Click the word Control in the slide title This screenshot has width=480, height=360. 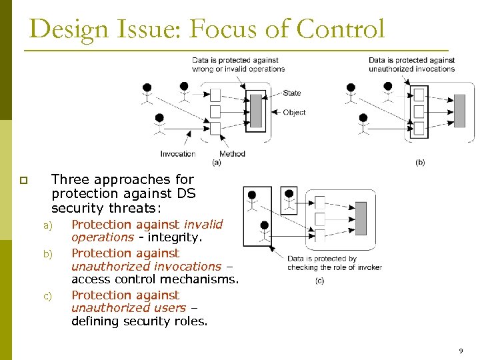pos(341,30)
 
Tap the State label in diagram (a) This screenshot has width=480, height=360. pos(291,93)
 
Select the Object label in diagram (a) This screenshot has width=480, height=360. pos(294,113)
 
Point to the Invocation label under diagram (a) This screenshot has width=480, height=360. pos(178,154)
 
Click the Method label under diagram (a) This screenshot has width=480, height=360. pos(232,154)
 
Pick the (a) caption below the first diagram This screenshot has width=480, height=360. pos(216,162)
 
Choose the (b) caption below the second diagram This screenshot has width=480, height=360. pos(419,162)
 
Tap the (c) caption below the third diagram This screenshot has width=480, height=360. pos(319,281)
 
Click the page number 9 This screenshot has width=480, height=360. pos(460,351)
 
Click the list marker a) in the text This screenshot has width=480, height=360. pos(47,225)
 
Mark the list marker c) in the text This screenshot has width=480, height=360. pos(47,296)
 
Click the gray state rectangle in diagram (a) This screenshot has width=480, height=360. pos(256,111)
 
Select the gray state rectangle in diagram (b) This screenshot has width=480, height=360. pos(459,111)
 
